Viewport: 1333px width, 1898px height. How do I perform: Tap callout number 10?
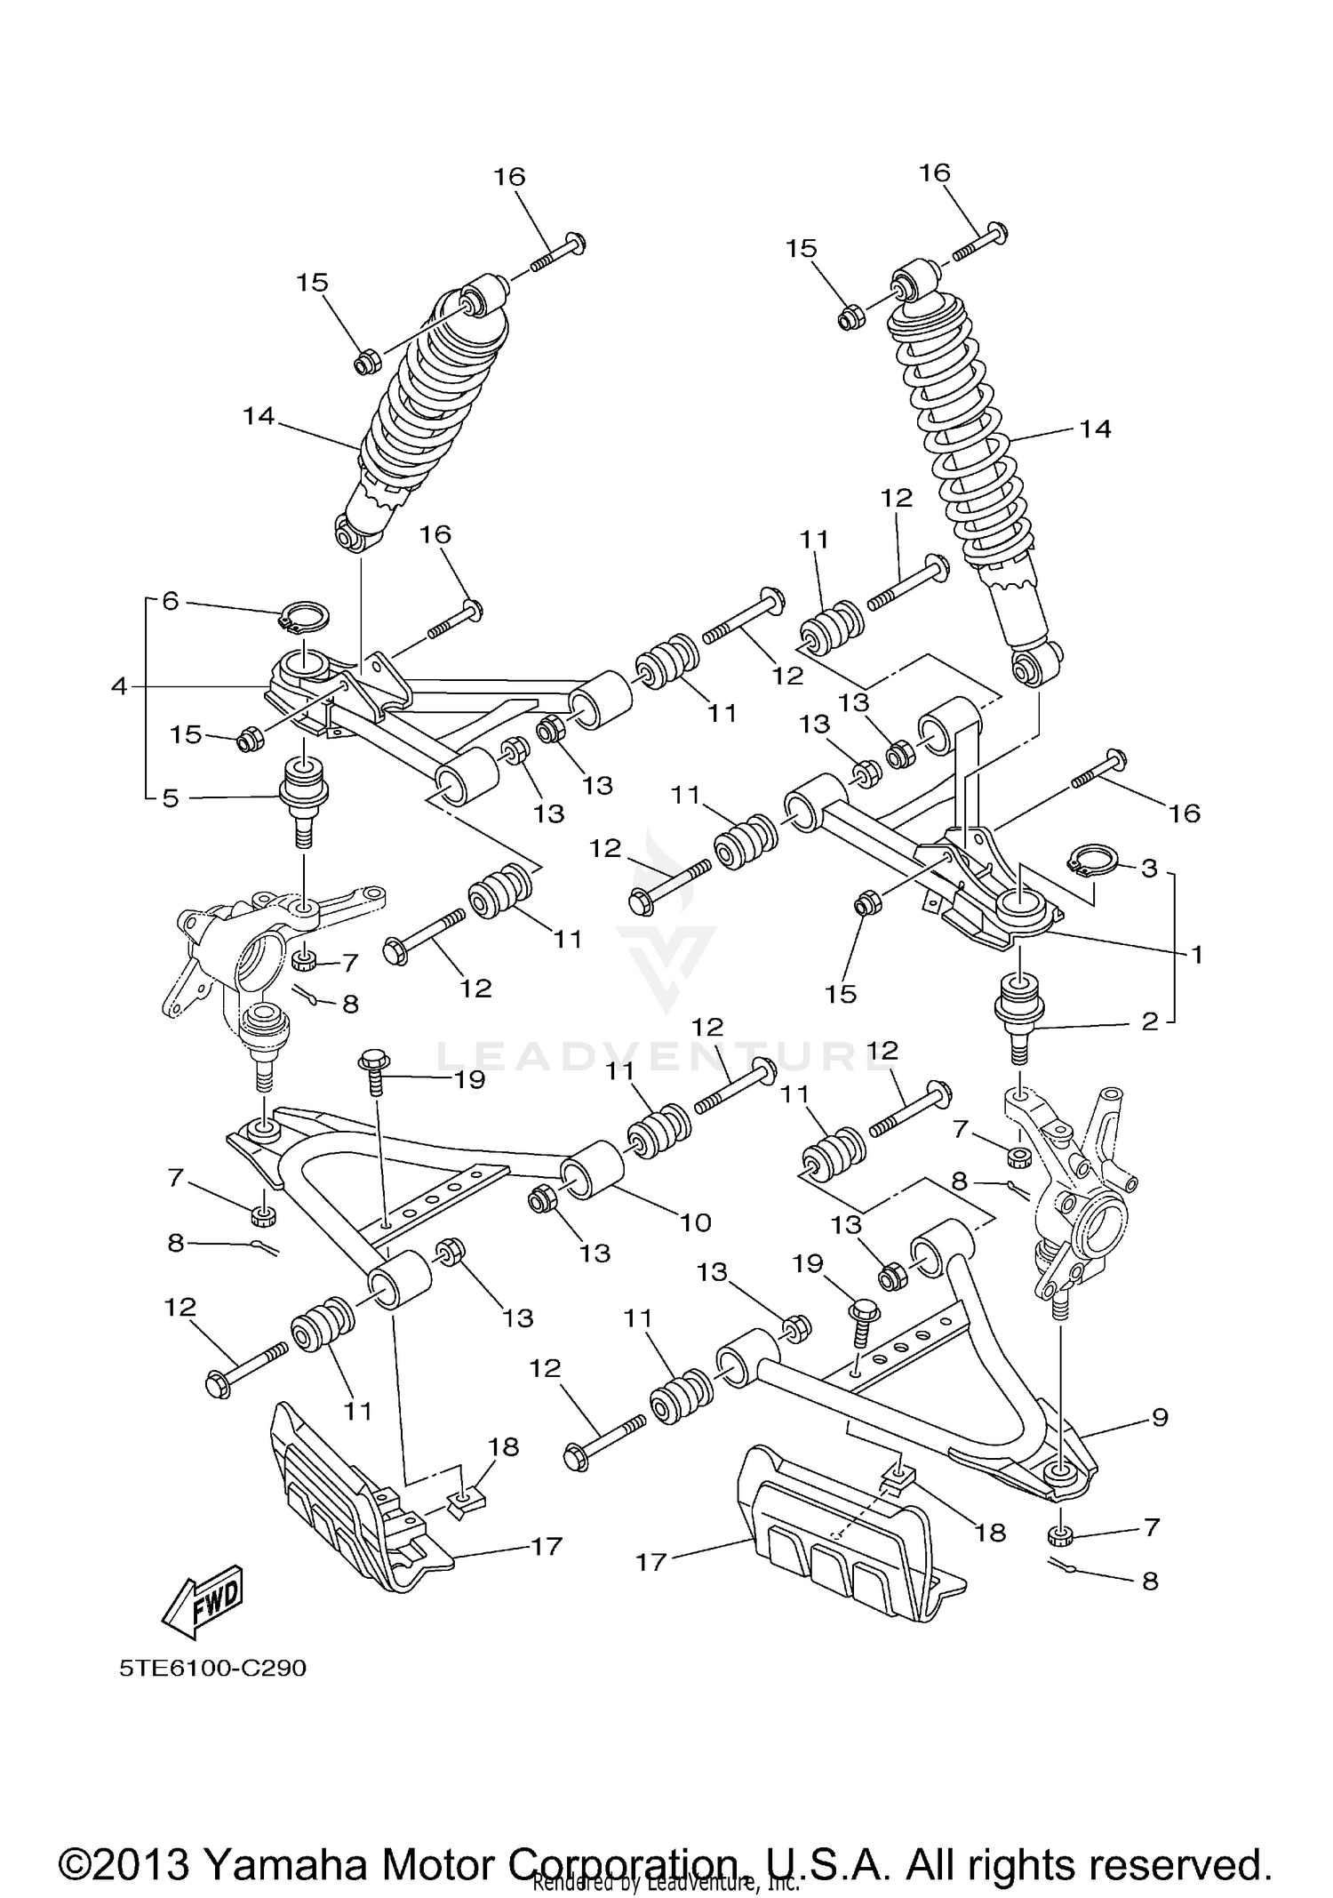(695, 1222)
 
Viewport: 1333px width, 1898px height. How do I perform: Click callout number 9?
(1159, 1417)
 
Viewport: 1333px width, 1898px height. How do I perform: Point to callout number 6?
(170, 601)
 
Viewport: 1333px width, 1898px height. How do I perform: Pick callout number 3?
(1149, 868)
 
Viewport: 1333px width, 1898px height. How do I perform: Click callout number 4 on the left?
(119, 686)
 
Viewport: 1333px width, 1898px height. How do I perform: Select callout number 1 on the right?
(1196, 955)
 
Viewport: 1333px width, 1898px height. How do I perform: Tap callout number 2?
(1150, 1021)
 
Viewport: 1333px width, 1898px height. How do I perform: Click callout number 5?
(170, 798)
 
